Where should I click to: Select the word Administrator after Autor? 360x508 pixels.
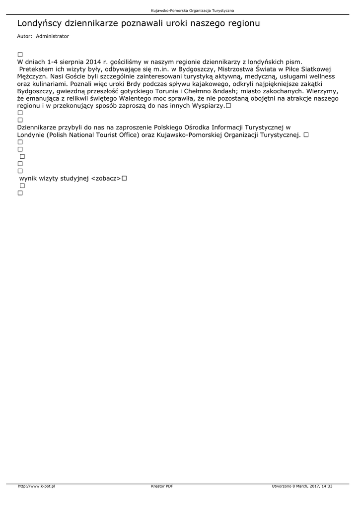52,36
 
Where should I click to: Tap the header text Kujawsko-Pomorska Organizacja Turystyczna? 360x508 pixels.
193,10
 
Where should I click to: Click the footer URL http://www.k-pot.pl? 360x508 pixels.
36,486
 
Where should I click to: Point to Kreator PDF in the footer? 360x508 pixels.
162,486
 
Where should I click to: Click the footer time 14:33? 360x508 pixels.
327,486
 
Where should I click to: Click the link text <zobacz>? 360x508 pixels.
106,178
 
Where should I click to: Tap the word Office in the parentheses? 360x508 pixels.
127,135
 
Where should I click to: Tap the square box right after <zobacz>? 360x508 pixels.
124,178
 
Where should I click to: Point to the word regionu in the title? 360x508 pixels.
243,23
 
